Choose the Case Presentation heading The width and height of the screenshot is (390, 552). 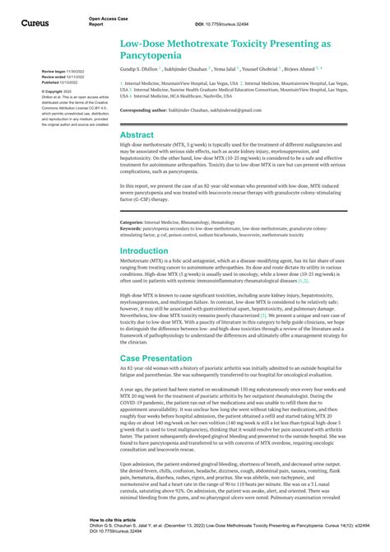pyautogui.click(x=157, y=358)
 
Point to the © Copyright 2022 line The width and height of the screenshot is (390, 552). pyautogui.click(x=57, y=91)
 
